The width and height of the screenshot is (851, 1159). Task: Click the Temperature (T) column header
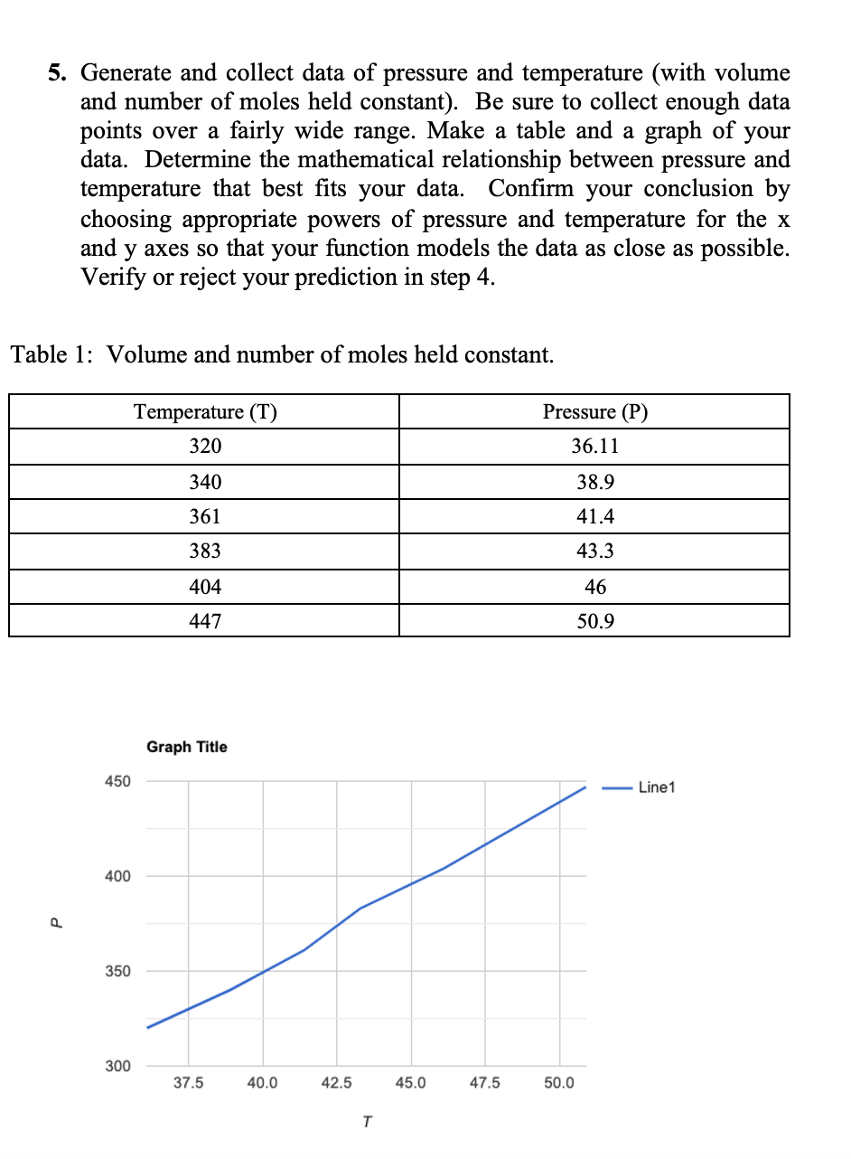(205, 412)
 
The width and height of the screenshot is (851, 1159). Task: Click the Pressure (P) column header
(595, 412)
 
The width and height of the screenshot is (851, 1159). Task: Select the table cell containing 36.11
(595, 447)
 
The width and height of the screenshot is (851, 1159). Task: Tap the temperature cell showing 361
(205, 517)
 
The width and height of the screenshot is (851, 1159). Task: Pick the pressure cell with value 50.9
(595, 622)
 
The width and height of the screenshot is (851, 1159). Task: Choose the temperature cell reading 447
(205, 622)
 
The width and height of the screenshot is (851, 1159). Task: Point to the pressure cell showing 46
(595, 587)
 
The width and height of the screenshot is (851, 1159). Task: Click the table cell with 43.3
(595, 551)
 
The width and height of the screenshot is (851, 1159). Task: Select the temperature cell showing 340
(205, 482)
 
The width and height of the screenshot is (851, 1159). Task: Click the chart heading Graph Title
(187, 748)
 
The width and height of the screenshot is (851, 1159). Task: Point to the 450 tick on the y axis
(118, 781)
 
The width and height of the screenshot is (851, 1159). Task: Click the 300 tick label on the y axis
(118, 1067)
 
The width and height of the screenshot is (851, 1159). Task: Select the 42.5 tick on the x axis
(336, 1083)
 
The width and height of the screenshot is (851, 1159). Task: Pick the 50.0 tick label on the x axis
(558, 1083)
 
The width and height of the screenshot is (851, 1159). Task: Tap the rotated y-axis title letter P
(54, 923)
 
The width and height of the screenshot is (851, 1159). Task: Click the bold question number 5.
(57, 74)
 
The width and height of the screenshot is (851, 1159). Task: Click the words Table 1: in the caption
(52, 354)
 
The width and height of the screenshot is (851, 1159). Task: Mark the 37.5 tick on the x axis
(188, 1083)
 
